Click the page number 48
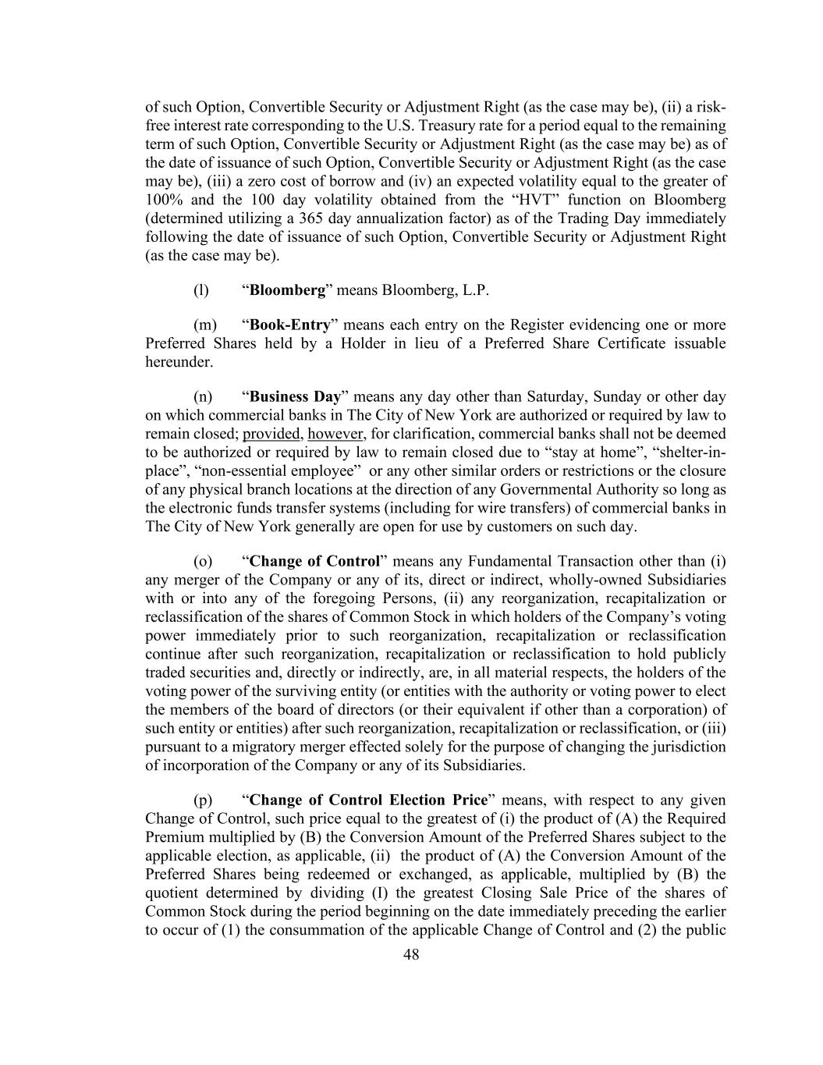(x=411, y=954)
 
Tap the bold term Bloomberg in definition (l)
(x=287, y=290)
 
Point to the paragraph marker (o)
(x=203, y=561)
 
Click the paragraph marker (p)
(x=203, y=800)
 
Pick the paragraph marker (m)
(x=204, y=325)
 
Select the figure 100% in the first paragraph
(x=164, y=200)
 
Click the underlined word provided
(x=271, y=434)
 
